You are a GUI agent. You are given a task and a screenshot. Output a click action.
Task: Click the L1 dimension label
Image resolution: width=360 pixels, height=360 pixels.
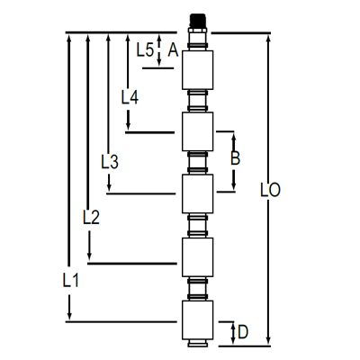click(x=71, y=280)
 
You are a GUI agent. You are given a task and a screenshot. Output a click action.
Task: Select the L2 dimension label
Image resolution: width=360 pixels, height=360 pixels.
click(x=90, y=216)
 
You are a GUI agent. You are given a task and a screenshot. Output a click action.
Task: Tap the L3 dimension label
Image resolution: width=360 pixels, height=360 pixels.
click(x=110, y=162)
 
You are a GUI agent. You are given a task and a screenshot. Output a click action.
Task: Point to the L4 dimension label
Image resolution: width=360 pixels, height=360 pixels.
click(x=130, y=96)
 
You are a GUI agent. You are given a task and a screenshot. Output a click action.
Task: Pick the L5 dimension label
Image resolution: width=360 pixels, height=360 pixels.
click(x=145, y=50)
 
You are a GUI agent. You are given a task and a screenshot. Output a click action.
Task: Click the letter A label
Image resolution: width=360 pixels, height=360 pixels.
click(x=173, y=50)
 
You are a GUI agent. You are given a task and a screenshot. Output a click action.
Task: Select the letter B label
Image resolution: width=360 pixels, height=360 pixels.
click(x=235, y=158)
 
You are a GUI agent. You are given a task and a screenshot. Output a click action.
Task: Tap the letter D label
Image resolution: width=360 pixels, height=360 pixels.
click(x=241, y=332)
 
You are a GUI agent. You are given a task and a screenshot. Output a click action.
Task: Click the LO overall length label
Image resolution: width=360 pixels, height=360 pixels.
click(x=270, y=191)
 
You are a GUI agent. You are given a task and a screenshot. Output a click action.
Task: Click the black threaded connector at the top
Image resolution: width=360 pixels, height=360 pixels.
click(x=197, y=21)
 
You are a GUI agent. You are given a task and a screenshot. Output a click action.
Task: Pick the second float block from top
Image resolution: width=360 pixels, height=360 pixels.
click(x=197, y=131)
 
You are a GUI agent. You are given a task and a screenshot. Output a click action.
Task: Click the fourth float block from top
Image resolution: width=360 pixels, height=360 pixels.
click(x=197, y=257)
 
